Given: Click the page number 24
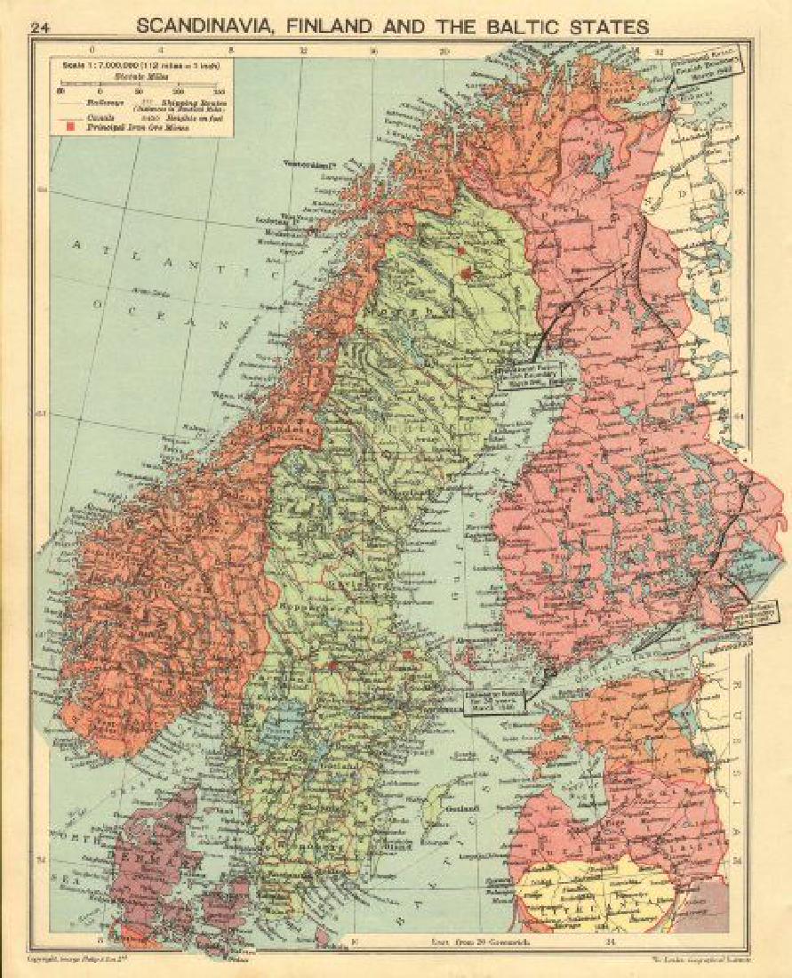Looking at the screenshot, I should point(38,28).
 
